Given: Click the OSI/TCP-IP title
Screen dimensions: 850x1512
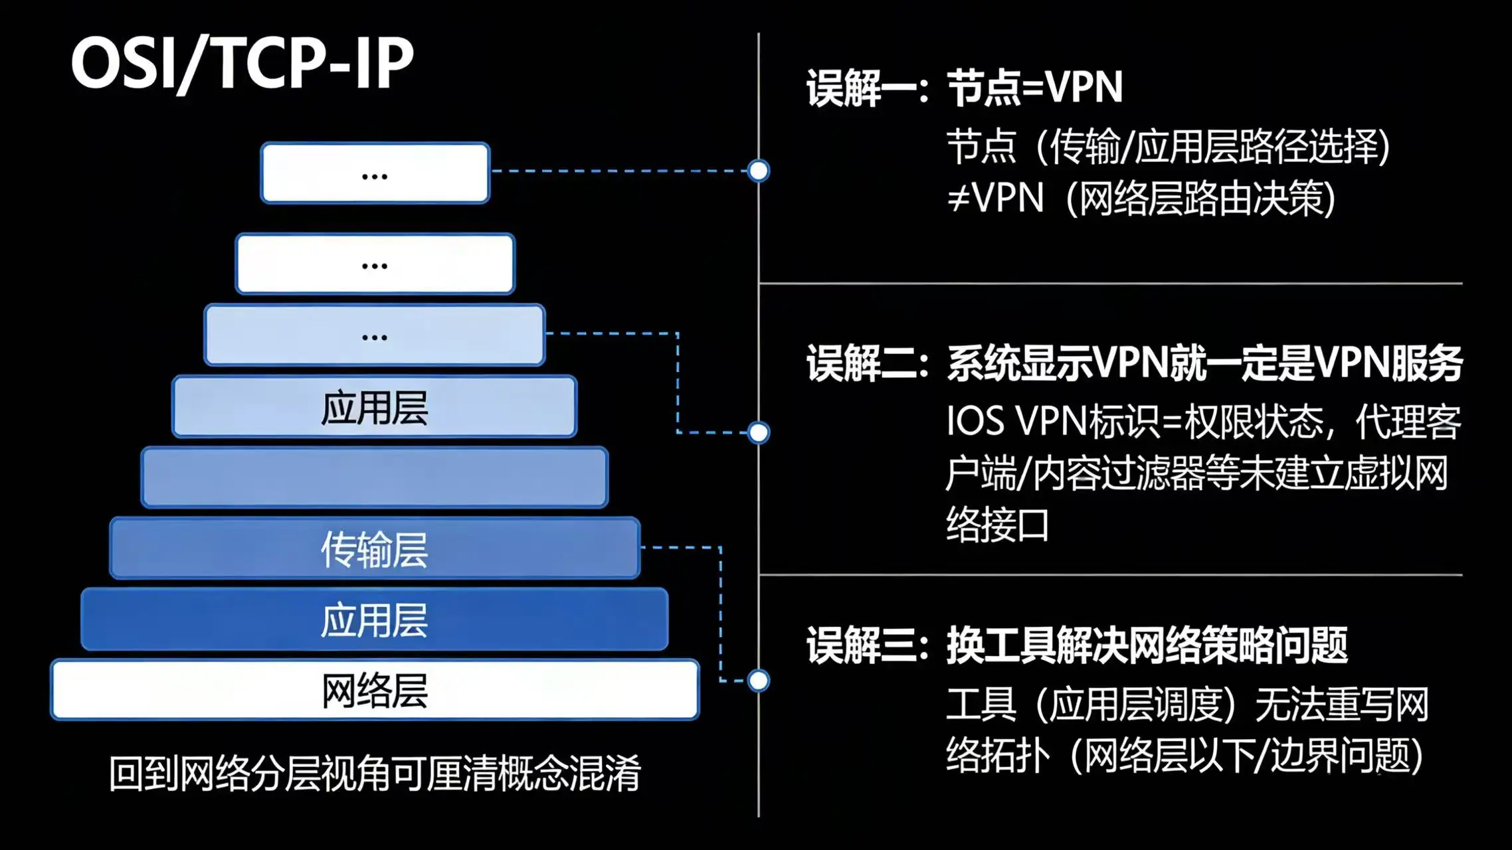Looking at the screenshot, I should coord(242,63).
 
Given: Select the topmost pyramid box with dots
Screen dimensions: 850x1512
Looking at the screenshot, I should coord(375,173).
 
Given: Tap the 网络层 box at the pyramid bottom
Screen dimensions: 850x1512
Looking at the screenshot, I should coord(375,689).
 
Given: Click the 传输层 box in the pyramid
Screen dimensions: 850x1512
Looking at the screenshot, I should coord(375,549).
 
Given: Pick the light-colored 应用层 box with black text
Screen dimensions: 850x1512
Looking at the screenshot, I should coord(375,406).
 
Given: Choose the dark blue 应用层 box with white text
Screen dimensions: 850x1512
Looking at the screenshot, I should coord(375,619).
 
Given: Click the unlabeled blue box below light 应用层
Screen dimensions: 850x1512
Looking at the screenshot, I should coord(375,477).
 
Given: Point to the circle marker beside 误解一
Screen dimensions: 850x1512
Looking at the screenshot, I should coord(758,171).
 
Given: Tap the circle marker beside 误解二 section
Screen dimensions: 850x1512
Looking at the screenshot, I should coord(758,432).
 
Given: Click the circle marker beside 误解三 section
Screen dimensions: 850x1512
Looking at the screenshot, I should coord(758,680).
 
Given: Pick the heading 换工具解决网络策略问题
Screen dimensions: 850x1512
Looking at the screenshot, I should coord(1147,645).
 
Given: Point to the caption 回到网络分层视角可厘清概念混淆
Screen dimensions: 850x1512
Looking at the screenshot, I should coord(375,773).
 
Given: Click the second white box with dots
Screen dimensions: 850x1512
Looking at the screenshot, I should coord(375,264).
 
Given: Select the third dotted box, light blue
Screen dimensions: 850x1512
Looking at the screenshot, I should coord(375,335).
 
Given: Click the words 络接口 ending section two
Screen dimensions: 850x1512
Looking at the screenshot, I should coord(996,525).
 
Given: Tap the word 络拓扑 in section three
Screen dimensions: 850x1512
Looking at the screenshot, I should coord(996,756).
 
